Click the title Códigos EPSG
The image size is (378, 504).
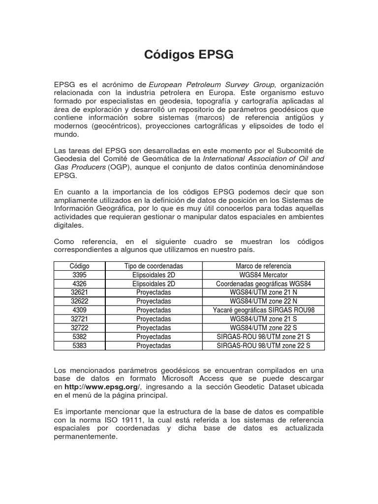(189, 55)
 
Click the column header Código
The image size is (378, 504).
(79, 266)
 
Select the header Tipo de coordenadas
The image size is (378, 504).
(154, 266)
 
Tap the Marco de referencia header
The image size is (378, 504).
(263, 266)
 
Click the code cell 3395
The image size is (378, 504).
(79, 275)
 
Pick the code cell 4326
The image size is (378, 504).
(79, 283)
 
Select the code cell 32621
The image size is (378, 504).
(79, 292)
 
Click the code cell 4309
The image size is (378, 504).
(79, 310)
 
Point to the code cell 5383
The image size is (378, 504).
(79, 346)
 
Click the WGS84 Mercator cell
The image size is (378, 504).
(263, 275)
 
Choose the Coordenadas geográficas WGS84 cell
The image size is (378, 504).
(263, 283)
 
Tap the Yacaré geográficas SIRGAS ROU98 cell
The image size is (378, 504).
(263, 310)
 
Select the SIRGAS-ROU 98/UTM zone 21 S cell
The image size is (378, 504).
(263, 337)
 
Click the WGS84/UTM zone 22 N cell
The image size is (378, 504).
(263, 301)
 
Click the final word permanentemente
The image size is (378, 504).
(86, 436)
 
